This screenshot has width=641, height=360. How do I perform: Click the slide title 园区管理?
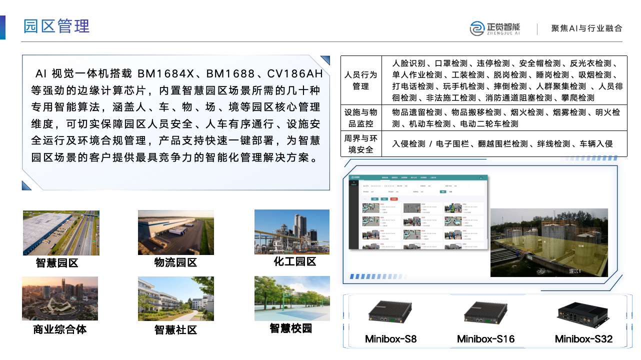click(56, 26)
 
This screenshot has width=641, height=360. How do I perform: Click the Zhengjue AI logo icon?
click(477, 28)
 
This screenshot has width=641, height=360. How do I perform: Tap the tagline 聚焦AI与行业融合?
click(586, 28)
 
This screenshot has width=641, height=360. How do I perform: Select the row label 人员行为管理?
click(360, 80)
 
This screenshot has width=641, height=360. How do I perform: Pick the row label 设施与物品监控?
click(360, 118)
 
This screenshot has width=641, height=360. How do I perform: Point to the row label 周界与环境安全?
click(360, 144)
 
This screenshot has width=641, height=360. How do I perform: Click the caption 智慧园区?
click(57, 263)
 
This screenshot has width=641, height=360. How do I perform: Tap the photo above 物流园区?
click(175, 232)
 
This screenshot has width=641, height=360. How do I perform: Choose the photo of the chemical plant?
click(292, 231)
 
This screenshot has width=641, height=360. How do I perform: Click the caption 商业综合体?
click(60, 329)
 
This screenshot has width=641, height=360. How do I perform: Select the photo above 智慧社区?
click(175, 298)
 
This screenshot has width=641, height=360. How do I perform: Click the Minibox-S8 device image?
click(390, 312)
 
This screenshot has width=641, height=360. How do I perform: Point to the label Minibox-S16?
click(485, 339)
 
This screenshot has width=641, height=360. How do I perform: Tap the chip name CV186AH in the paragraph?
click(295, 74)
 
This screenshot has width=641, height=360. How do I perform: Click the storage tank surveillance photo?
click(548, 242)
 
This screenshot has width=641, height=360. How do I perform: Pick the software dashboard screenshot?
click(417, 212)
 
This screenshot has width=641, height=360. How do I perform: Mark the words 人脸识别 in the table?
click(408, 63)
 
